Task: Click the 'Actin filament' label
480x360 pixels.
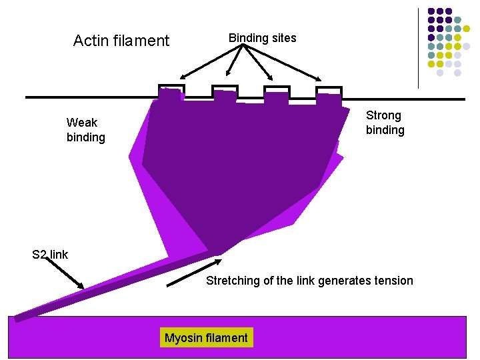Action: [x=121, y=41]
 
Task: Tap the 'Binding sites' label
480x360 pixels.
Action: [x=262, y=38]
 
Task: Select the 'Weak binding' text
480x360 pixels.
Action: [x=85, y=130]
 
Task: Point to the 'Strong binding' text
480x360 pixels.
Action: [x=385, y=123]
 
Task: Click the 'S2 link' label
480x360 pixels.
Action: [x=50, y=255]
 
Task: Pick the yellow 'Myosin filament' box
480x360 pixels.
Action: [x=206, y=338]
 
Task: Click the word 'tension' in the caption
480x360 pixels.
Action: [x=394, y=281]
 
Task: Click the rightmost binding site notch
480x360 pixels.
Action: [x=329, y=92]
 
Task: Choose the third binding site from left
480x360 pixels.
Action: [x=276, y=92]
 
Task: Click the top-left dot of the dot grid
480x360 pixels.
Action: [x=431, y=11]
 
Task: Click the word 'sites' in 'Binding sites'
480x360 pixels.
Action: [x=283, y=38]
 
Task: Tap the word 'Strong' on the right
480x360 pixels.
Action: [x=383, y=115]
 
